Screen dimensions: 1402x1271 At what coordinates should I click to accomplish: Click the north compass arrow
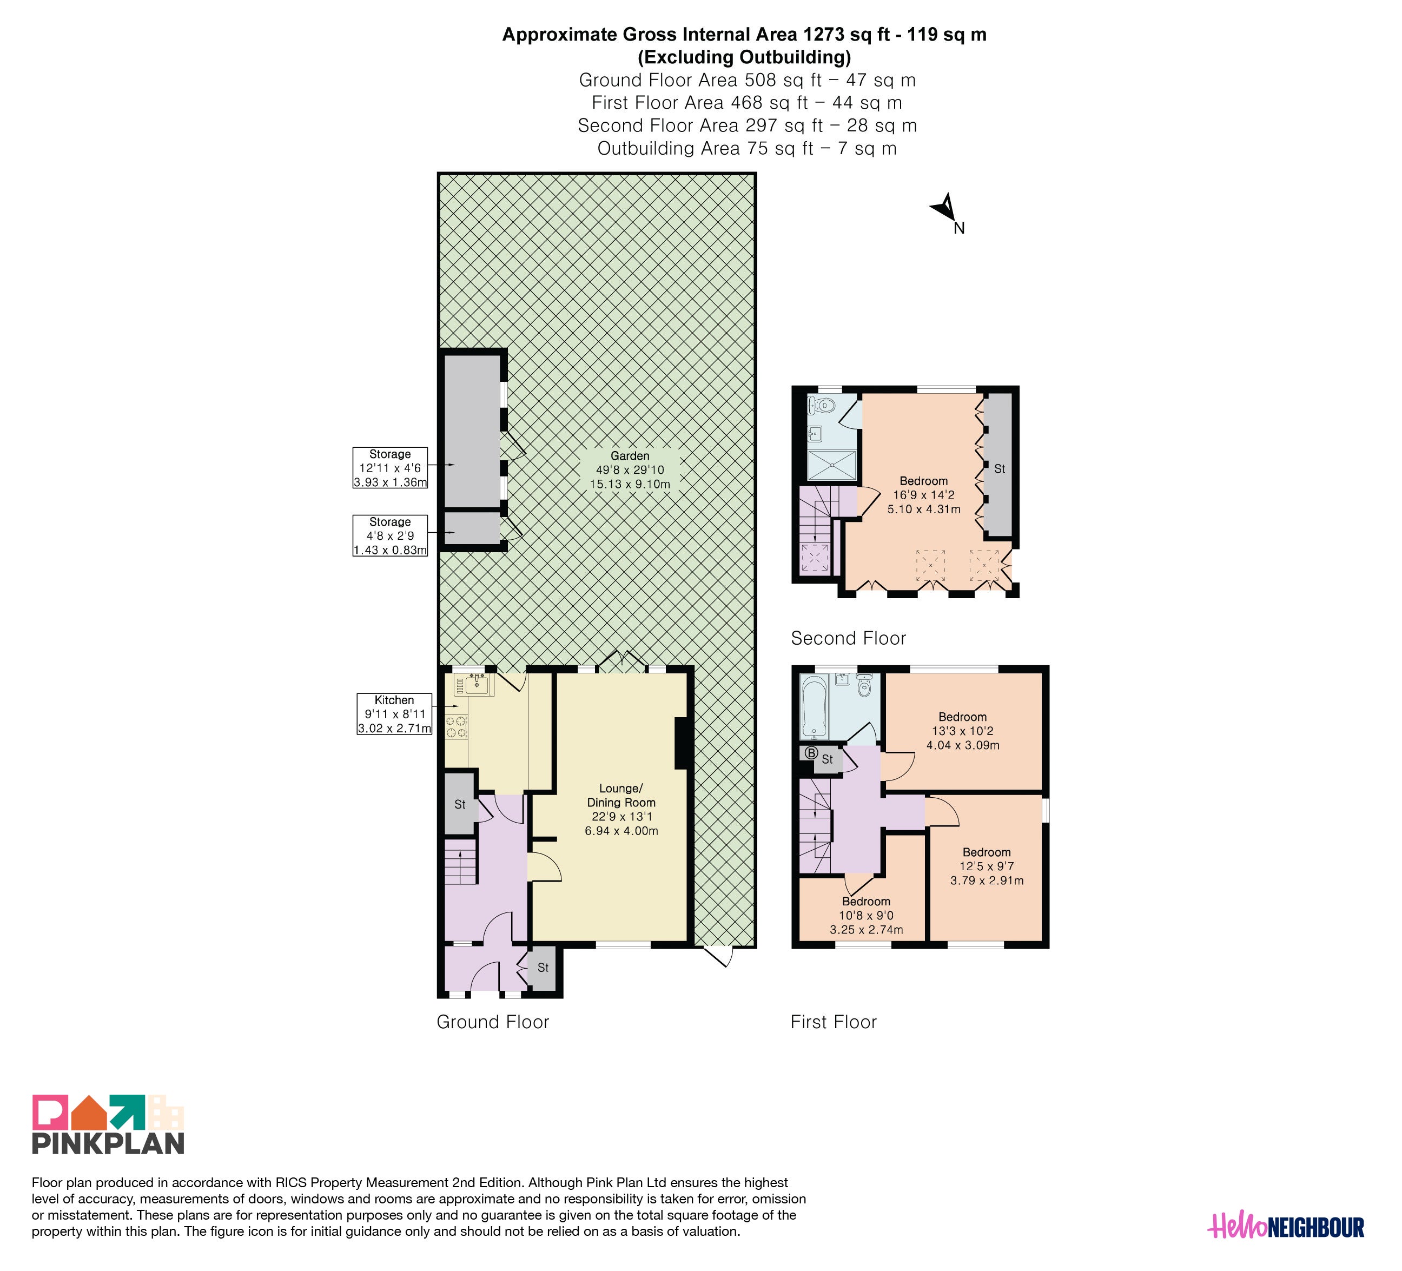(x=945, y=207)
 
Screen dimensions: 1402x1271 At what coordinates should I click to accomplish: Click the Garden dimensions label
(x=630, y=470)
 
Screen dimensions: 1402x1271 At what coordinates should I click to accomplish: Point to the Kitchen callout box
(x=394, y=714)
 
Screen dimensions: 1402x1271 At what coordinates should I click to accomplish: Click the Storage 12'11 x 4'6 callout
(x=390, y=468)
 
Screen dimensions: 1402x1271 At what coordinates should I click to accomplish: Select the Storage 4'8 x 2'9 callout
(x=390, y=535)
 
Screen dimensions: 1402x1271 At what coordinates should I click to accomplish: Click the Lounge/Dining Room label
(x=621, y=809)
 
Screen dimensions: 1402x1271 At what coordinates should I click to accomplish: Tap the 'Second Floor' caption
(x=849, y=638)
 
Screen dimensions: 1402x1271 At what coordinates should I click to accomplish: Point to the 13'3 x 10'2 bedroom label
(x=962, y=731)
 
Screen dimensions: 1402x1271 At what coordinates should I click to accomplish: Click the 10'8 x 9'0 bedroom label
(x=867, y=916)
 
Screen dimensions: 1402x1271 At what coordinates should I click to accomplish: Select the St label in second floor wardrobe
(x=1000, y=469)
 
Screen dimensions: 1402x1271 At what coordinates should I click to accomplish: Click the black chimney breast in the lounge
(x=681, y=743)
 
